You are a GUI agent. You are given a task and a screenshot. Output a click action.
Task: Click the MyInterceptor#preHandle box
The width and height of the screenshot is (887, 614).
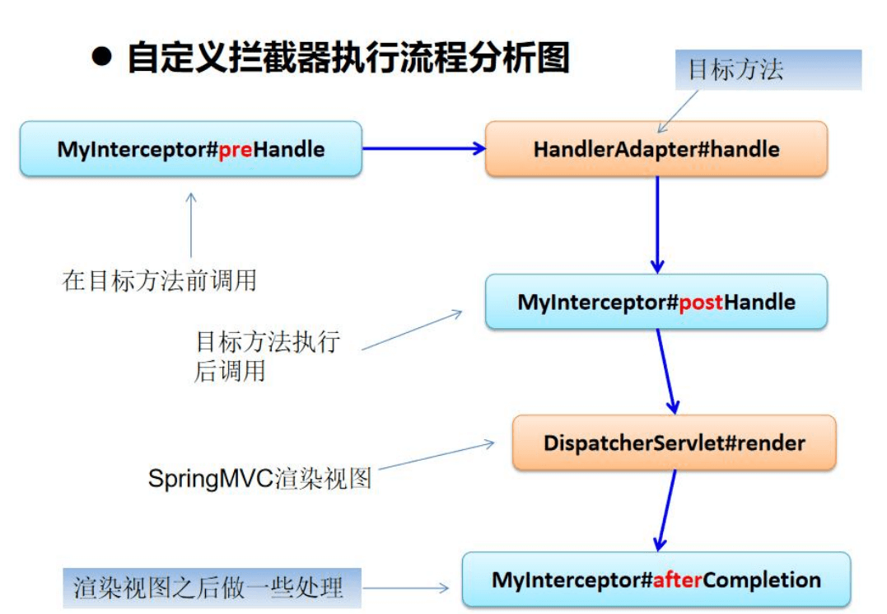click(190, 149)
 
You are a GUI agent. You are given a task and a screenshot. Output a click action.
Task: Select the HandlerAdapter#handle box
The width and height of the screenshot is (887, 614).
click(656, 149)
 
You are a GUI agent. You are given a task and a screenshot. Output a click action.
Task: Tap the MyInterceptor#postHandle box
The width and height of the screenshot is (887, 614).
click(656, 302)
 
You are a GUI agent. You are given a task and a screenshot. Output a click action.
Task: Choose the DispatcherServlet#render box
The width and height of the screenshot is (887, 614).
click(674, 443)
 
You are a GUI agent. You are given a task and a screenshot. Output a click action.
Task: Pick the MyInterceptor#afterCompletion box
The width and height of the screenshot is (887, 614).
click(656, 579)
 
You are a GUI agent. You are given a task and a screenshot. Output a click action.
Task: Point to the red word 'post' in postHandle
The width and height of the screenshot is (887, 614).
click(701, 302)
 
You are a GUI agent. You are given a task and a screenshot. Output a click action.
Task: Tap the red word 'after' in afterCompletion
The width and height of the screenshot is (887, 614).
click(678, 580)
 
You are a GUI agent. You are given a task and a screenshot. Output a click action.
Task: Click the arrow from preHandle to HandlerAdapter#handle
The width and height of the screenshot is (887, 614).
click(423, 148)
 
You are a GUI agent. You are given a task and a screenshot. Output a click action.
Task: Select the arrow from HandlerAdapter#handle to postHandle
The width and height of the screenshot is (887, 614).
click(656, 223)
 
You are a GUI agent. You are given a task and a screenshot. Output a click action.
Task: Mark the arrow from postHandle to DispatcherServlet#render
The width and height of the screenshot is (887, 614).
click(666, 371)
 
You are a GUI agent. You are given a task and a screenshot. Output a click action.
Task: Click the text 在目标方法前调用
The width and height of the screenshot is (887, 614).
click(159, 281)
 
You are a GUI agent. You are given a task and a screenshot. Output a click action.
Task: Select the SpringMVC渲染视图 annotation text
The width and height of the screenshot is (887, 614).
click(259, 478)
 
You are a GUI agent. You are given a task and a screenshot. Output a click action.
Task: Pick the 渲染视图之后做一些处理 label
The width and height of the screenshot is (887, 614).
click(212, 588)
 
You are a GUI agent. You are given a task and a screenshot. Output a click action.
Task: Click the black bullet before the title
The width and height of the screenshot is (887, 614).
click(101, 59)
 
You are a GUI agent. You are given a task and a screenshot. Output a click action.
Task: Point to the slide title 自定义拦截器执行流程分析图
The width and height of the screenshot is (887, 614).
click(348, 59)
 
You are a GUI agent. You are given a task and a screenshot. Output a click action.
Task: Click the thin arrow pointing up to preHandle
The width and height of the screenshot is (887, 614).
click(191, 226)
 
